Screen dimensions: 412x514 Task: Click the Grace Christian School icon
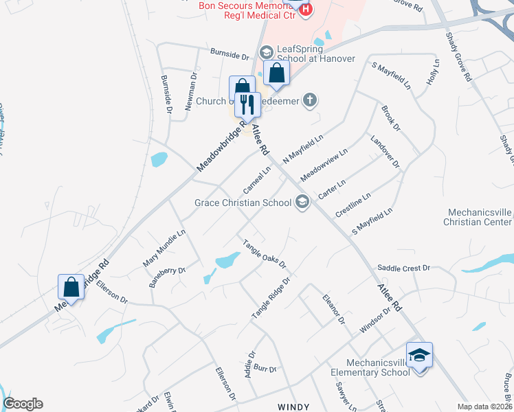(302, 202)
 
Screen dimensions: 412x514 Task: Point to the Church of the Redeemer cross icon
(310, 101)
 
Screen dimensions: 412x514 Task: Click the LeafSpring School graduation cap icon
(266, 52)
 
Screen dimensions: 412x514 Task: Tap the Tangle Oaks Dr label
(263, 253)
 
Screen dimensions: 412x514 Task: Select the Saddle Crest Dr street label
(403, 268)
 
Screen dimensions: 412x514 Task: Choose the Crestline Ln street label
(353, 205)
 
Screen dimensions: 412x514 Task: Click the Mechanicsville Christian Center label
(478, 217)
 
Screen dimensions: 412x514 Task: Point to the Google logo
(23, 404)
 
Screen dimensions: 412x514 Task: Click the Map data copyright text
(484, 407)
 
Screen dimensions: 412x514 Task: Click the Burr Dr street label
(265, 369)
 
